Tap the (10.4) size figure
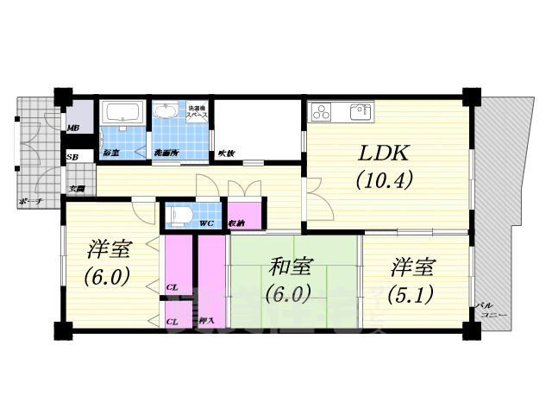click(x=386, y=181)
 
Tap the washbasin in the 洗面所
click(x=164, y=112)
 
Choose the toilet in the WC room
click(x=180, y=213)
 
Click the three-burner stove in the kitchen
click(x=322, y=112)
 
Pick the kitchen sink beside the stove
click(x=358, y=111)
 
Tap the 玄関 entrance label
click(x=76, y=187)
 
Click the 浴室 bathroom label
click(x=110, y=153)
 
